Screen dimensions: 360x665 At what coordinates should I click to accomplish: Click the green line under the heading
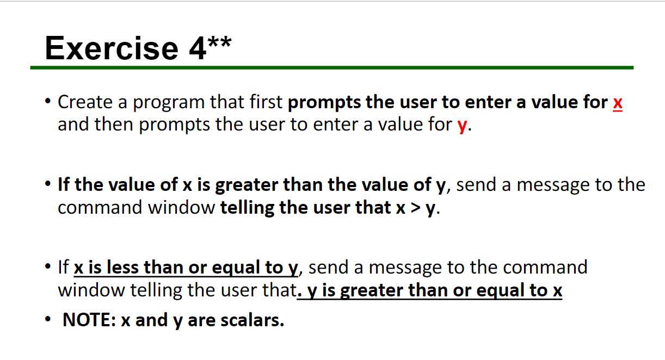click(x=332, y=68)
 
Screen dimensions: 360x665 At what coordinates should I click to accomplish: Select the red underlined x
click(x=617, y=102)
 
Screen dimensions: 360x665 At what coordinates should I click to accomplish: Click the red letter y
click(x=463, y=126)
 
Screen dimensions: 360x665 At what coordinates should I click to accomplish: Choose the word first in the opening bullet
click(x=265, y=102)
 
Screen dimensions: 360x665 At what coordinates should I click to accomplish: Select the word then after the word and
click(x=114, y=125)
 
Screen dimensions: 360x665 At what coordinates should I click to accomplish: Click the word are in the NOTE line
click(x=201, y=320)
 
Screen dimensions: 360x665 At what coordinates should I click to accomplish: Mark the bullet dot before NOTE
click(x=49, y=320)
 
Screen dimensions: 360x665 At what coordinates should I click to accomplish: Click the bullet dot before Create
click(x=49, y=102)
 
